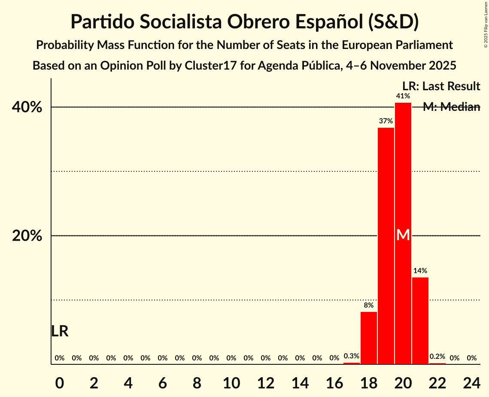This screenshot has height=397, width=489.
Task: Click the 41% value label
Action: tap(403, 96)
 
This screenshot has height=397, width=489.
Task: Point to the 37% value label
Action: tap(386, 121)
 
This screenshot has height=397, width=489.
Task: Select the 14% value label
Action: tap(420, 271)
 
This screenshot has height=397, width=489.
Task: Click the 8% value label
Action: tap(369, 305)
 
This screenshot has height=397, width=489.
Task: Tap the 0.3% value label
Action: tap(352, 356)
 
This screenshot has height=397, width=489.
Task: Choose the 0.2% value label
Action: tap(437, 356)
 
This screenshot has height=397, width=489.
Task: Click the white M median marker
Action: tap(403, 235)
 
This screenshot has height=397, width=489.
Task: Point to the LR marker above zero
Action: tap(60, 331)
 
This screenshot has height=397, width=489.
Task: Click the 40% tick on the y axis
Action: tap(27, 107)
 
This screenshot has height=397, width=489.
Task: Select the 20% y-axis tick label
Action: tap(27, 236)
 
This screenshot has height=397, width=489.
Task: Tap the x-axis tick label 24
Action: tap(472, 381)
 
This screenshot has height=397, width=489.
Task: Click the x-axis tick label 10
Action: tap(231, 381)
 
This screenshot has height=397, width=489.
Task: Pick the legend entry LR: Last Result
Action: tap(441, 86)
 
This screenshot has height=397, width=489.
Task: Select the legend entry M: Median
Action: tap(451, 107)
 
